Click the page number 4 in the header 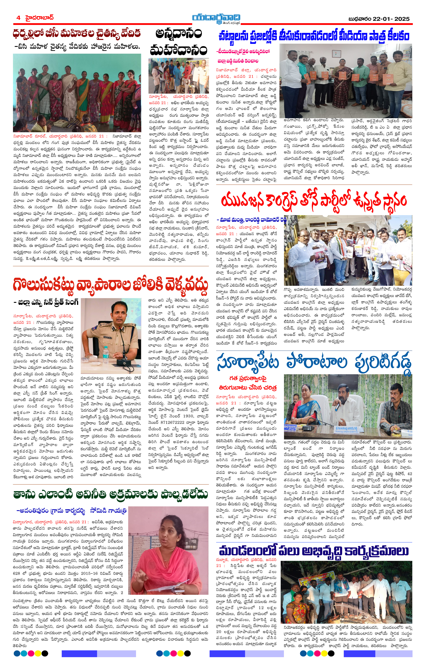(18, 18)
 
